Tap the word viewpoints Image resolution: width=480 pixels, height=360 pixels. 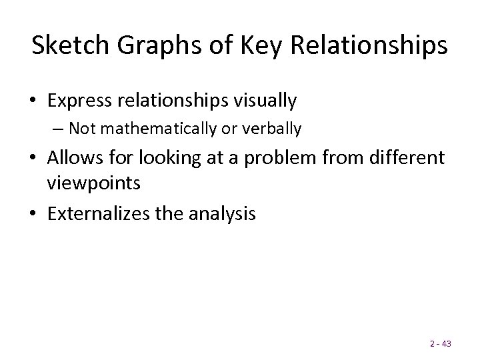[x=93, y=183]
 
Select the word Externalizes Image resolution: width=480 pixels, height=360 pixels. [x=99, y=214]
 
